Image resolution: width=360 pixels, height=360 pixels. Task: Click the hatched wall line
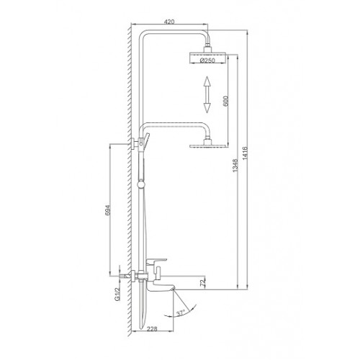click(x=127, y=180)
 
